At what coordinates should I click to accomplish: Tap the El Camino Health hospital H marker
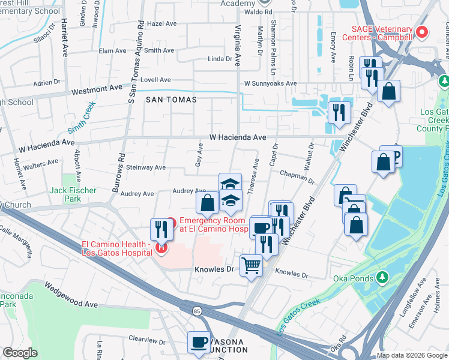tap(160, 247)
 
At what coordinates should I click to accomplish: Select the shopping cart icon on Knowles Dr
tap(251, 265)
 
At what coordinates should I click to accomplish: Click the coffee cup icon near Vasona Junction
tap(199, 343)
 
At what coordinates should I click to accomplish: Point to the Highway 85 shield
tap(197, 311)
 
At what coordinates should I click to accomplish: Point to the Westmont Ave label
tap(97, 89)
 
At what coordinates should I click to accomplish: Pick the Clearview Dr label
tap(145, 339)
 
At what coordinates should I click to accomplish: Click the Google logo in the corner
tap(20, 353)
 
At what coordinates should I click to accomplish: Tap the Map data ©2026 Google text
tap(412, 355)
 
